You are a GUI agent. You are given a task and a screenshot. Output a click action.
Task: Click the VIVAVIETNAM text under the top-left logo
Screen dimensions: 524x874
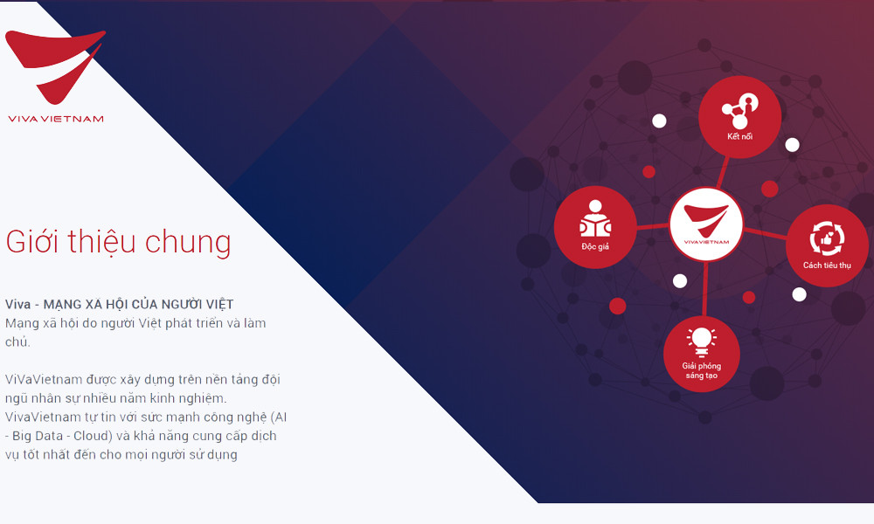point(55,119)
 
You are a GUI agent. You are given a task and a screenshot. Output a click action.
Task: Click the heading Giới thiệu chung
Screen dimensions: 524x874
point(118,242)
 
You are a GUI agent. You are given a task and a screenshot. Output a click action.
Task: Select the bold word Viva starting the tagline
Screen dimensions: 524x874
point(18,304)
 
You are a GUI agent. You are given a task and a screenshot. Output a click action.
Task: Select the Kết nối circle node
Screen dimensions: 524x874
point(739,117)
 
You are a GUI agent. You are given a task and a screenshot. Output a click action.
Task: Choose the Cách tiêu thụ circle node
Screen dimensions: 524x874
point(826,245)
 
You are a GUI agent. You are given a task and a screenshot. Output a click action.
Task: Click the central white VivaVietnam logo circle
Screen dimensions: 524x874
point(706,224)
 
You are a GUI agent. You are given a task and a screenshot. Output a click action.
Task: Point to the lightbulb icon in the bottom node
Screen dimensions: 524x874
point(701,339)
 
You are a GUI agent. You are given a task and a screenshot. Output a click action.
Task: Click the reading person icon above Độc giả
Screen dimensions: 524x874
point(595,218)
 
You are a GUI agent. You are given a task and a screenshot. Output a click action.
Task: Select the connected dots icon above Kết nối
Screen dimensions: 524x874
point(739,108)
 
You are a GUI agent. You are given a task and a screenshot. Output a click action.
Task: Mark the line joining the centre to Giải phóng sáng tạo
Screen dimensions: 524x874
point(704,288)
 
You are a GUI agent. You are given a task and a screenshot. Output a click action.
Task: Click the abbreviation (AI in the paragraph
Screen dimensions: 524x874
point(280,417)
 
